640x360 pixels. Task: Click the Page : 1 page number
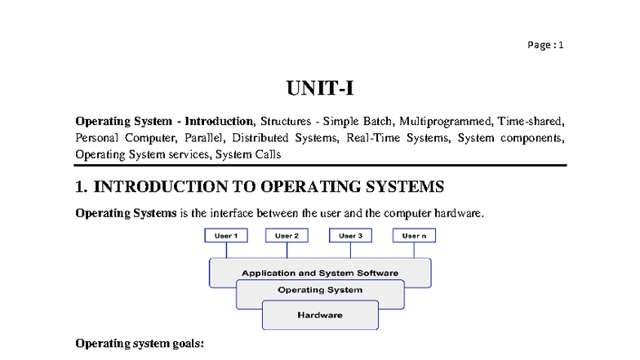coord(545,45)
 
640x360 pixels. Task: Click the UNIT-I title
coord(320,88)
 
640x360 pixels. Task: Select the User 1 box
coord(226,235)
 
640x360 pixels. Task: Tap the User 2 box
coord(287,235)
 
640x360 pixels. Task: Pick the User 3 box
coord(351,235)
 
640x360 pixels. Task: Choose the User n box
coord(415,235)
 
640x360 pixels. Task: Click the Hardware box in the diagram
coord(320,315)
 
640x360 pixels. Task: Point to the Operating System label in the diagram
coord(320,290)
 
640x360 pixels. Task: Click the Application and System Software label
coord(320,273)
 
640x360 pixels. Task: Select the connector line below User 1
coord(227,250)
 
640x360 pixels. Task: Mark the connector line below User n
coord(415,250)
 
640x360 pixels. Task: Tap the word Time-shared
coord(531,121)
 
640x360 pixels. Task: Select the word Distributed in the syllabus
coord(260,138)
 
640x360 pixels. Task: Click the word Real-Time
coord(373,138)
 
